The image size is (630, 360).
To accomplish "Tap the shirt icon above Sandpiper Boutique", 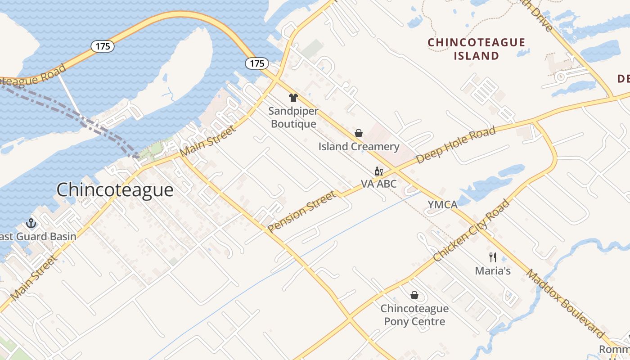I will tap(293, 98).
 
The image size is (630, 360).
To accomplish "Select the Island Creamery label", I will tap(359, 147).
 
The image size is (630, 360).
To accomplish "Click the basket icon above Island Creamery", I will tap(359, 133).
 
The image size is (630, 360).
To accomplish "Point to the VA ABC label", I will tap(379, 184).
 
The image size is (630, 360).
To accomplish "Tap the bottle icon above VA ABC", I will tap(378, 171).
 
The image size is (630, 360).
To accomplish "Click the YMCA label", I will tap(442, 205).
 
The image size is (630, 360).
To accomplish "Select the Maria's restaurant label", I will tap(493, 271).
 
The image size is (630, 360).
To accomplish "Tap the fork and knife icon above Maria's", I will tap(493, 257).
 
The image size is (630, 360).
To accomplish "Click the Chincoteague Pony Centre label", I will tap(414, 315).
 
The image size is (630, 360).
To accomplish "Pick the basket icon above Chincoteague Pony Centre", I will tap(414, 295).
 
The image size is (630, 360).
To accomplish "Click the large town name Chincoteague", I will tap(115, 190).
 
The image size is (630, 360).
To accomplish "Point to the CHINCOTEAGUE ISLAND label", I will tap(476, 49).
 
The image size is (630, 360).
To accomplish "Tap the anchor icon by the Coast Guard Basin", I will tap(31, 223).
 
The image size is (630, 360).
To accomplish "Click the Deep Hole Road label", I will tap(456, 145).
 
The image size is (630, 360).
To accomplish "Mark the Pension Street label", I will tap(302, 211).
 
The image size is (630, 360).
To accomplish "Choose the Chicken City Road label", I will tap(472, 230).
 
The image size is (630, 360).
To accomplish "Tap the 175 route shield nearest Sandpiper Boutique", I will tap(257, 63).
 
